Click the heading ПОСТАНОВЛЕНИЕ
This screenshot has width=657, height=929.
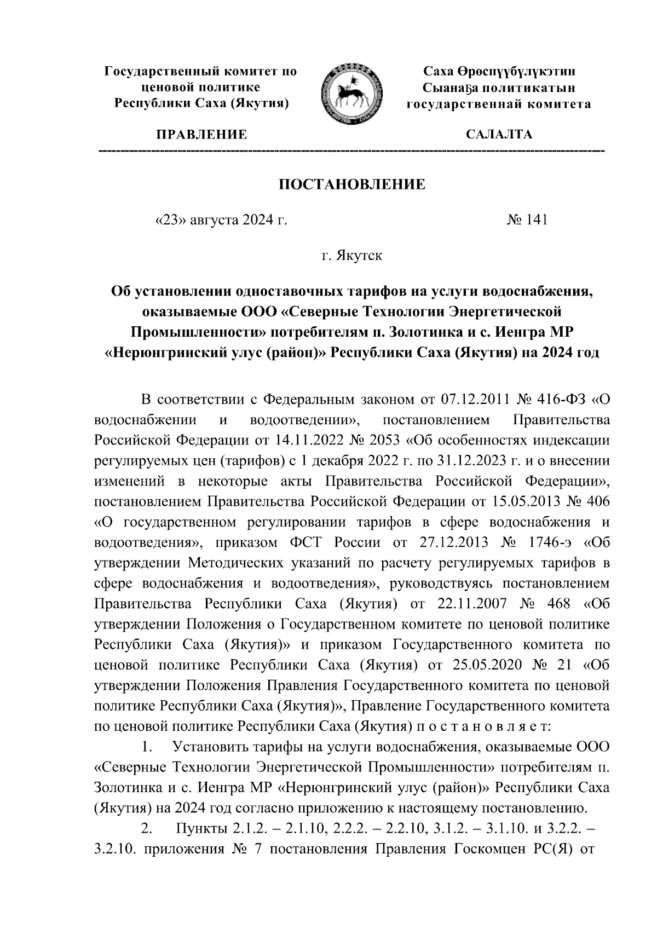click(352, 184)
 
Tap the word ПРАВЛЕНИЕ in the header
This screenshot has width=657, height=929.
click(202, 135)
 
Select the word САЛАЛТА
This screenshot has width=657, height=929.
click(498, 135)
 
